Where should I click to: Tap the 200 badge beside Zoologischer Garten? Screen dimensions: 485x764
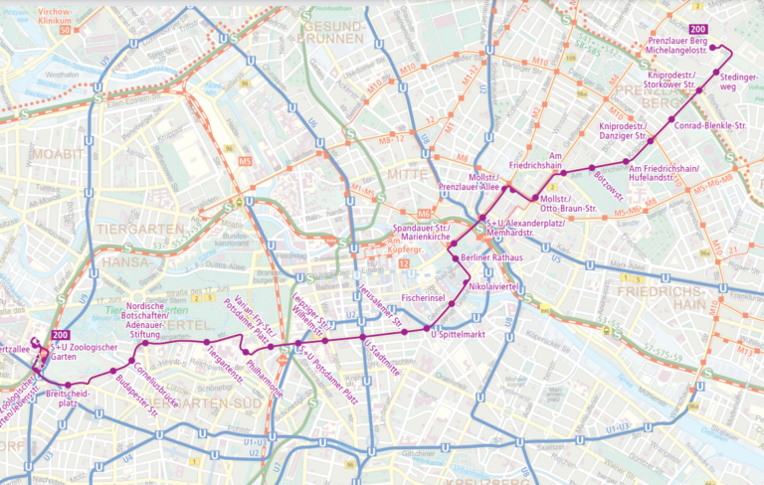61,334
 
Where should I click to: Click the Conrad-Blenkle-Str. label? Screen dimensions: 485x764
710,126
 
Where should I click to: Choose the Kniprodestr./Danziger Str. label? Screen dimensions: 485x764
623,132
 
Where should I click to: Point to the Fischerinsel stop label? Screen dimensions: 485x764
423,297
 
